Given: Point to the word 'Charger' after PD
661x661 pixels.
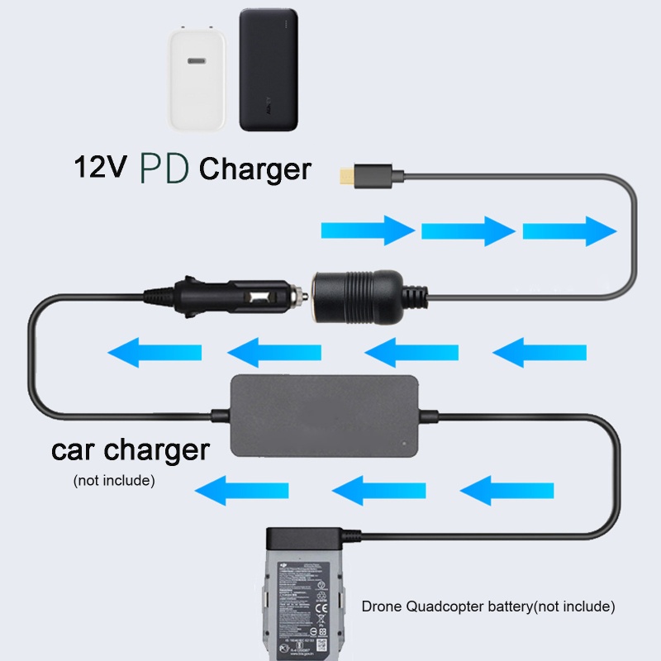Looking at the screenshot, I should pyautogui.click(x=255, y=169).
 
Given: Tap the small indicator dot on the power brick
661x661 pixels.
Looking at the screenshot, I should pyautogui.click(x=402, y=443).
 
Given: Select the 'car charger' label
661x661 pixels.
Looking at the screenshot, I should pyautogui.click(x=131, y=450).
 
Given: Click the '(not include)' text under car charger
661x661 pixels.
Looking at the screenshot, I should pyautogui.click(x=114, y=480).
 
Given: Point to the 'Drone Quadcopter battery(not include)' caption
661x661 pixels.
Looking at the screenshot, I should pyautogui.click(x=488, y=606).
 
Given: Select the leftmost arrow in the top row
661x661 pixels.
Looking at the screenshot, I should pyautogui.click(x=367, y=229).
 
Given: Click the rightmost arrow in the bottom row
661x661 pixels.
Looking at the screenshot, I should pyautogui.click(x=506, y=492).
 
